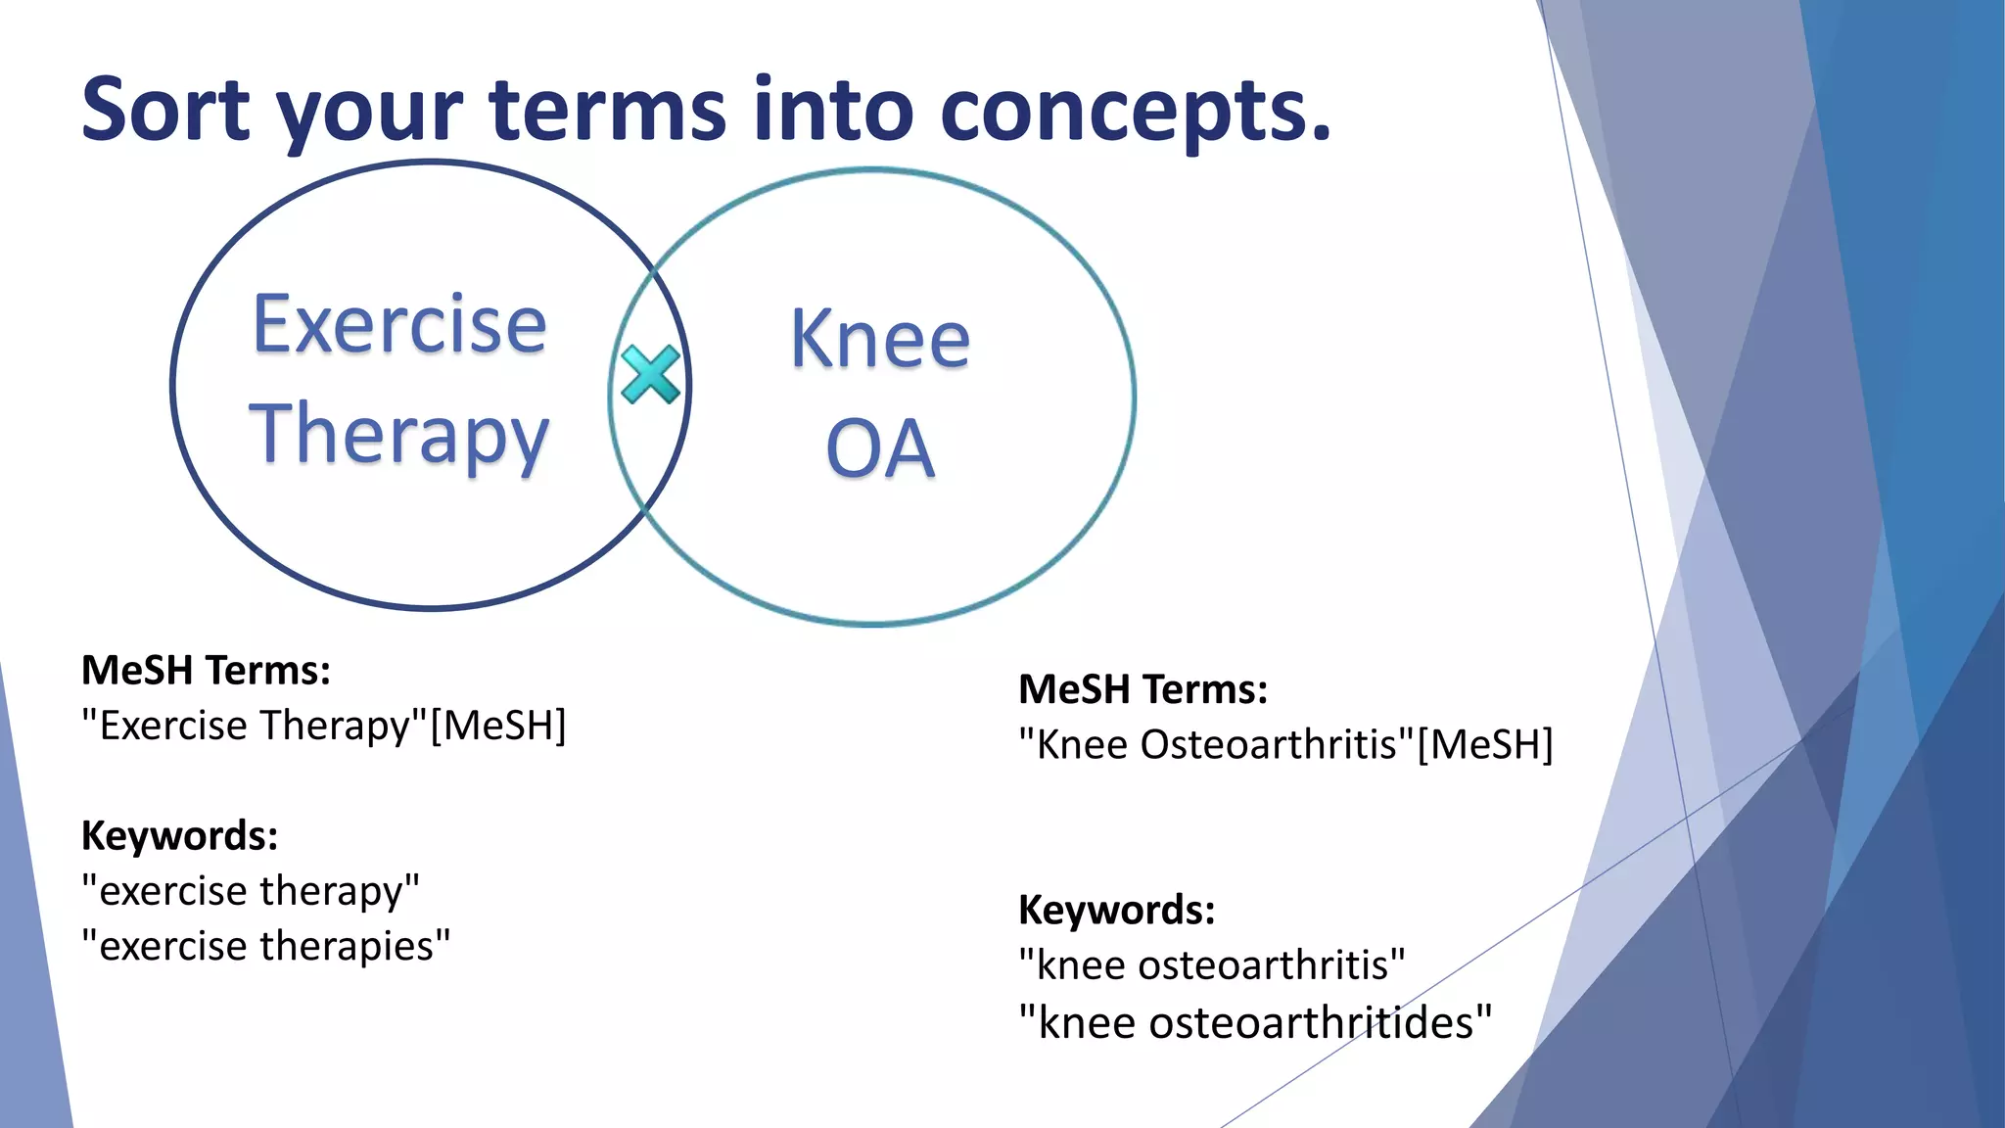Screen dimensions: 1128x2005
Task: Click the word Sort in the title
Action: tap(165, 110)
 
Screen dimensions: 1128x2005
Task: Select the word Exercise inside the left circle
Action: tap(399, 325)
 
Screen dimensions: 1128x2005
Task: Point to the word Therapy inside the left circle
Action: tap(399, 436)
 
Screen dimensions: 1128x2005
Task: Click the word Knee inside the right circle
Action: tap(880, 340)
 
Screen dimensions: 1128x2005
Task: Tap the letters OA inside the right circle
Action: tap(880, 449)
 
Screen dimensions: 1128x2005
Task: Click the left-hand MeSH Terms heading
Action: tap(206, 671)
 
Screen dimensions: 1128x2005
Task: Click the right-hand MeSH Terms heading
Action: tap(1142, 689)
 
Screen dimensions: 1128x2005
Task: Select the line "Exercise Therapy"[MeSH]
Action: tap(324, 727)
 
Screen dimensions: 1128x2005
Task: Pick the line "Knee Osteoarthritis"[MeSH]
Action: tap(1285, 745)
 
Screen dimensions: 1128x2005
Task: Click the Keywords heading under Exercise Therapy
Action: tap(179, 836)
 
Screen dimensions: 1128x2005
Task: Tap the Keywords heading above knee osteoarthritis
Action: tap(1116, 911)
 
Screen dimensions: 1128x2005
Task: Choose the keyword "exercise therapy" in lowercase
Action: tap(251, 891)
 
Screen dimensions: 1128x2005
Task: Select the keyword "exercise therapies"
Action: tap(266, 947)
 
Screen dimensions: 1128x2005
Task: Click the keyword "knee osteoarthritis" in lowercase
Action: tap(1212, 965)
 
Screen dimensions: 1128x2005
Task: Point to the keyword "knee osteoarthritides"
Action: tap(1255, 1023)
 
